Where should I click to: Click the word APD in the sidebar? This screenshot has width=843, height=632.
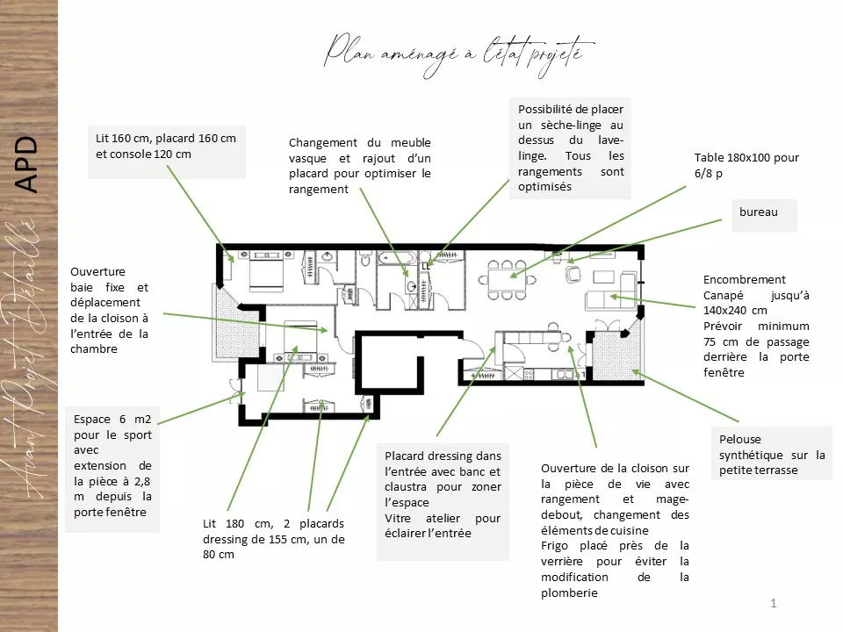pyautogui.click(x=27, y=164)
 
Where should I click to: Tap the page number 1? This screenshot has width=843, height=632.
pyautogui.click(x=773, y=602)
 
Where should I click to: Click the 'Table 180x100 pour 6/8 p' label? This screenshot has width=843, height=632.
pyautogui.click(x=746, y=166)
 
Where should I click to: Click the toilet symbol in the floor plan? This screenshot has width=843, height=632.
pyautogui.click(x=364, y=261)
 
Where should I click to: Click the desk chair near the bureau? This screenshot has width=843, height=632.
pyautogui.click(x=573, y=273)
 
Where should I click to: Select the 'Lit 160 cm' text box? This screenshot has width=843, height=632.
pyautogui.click(x=165, y=146)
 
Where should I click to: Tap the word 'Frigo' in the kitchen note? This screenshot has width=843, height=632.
pyautogui.click(x=557, y=545)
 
